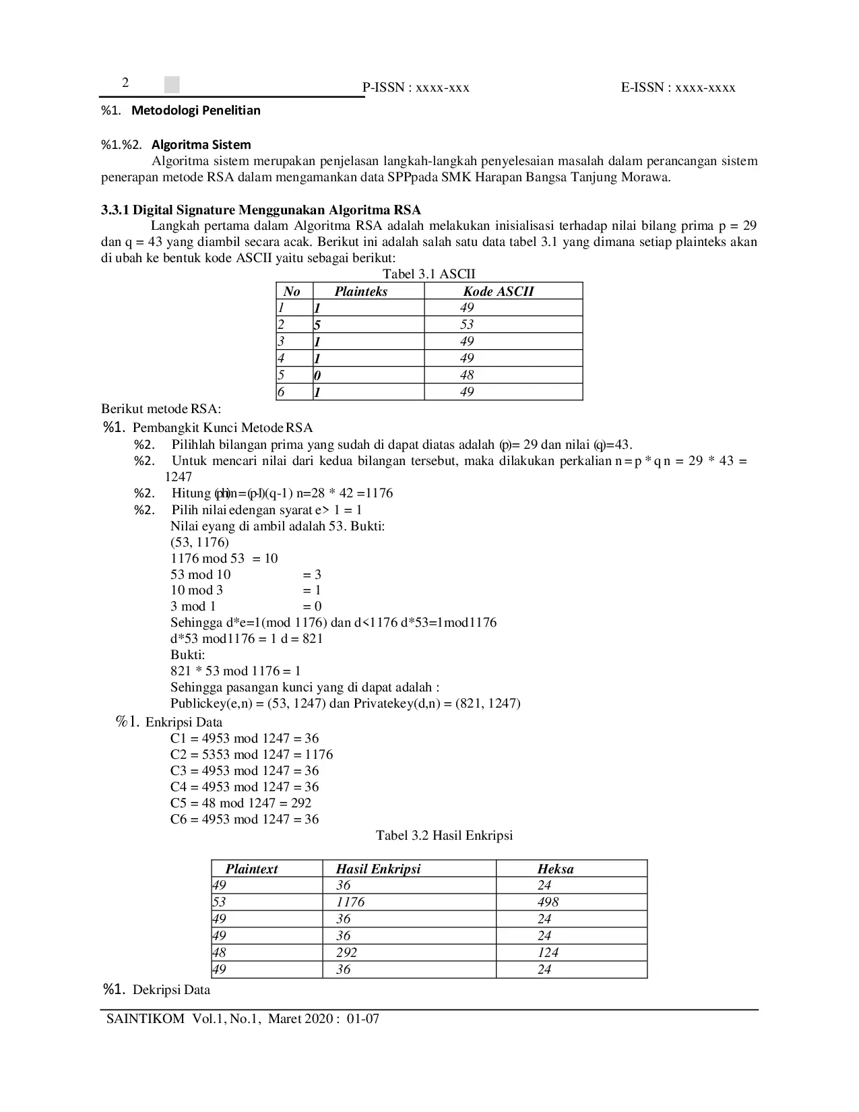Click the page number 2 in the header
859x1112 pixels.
125,83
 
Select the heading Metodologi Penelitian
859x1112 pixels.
195,111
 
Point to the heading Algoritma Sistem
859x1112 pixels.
201,145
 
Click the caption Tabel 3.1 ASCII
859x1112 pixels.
429,274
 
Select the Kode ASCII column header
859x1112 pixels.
498,291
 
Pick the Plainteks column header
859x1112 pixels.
361,291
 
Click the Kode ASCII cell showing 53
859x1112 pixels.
467,324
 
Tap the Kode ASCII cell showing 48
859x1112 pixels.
467,375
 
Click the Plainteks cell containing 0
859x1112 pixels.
317,375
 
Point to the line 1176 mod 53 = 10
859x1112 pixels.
224,558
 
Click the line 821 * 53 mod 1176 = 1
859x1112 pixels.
235,671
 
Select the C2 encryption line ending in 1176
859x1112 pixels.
251,754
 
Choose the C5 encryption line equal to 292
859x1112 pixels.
241,803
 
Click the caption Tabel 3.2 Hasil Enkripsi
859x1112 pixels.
444,836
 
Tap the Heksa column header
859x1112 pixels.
555,869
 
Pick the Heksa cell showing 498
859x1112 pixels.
548,902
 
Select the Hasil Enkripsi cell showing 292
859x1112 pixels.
346,952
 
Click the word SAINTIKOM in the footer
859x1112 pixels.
146,1018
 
